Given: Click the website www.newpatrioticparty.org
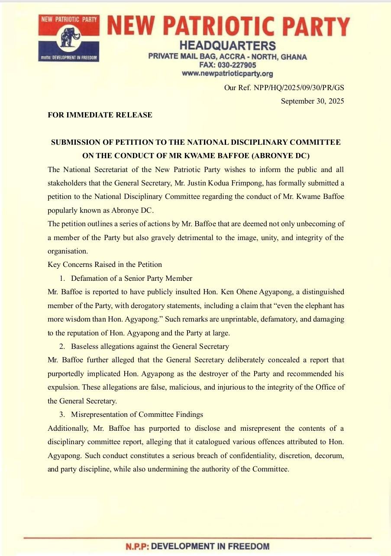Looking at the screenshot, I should pyautogui.click(x=227, y=74).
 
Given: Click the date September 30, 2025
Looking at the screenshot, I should pyautogui.click(x=312, y=101).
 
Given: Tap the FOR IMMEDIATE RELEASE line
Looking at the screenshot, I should pyautogui.click(x=100, y=115).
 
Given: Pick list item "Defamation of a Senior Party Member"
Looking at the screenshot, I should pyautogui.click(x=132, y=278).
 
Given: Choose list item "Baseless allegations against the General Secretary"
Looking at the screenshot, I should pyautogui.click(x=150, y=346).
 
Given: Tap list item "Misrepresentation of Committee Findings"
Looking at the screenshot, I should pyautogui.click(x=137, y=415).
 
